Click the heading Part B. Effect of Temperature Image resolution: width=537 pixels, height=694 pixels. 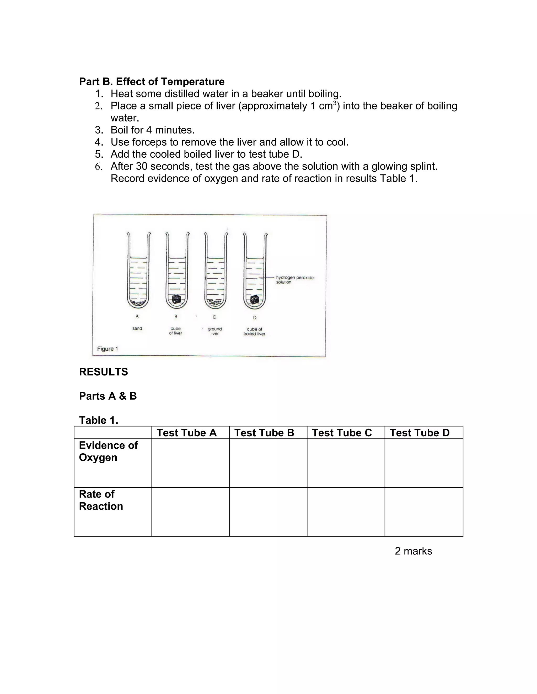tap(152, 82)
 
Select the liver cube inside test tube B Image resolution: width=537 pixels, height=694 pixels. tap(176, 299)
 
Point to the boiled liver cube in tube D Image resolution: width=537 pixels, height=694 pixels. tap(254, 299)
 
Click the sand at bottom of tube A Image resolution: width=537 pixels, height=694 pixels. tap(137, 303)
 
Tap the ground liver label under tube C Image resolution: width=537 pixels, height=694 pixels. tap(214, 331)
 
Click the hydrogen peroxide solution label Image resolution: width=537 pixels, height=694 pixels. tap(294, 280)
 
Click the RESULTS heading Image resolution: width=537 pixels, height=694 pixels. tap(103, 372)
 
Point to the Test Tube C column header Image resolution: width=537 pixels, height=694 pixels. tap(342, 433)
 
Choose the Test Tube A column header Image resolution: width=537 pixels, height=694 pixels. tap(186, 433)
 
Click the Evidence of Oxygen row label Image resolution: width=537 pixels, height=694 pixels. tap(108, 451)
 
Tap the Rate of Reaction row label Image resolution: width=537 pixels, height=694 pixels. tap(101, 500)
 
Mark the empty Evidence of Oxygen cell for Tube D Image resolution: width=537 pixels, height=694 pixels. tap(423, 463)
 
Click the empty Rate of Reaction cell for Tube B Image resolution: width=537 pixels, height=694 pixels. tap(268, 512)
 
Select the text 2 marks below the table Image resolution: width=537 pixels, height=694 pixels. tap(413, 551)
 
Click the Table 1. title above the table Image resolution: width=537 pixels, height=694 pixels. tap(99, 420)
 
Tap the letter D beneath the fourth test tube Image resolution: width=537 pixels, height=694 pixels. tap(255, 317)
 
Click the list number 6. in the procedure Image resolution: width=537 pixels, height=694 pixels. tap(99, 167)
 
